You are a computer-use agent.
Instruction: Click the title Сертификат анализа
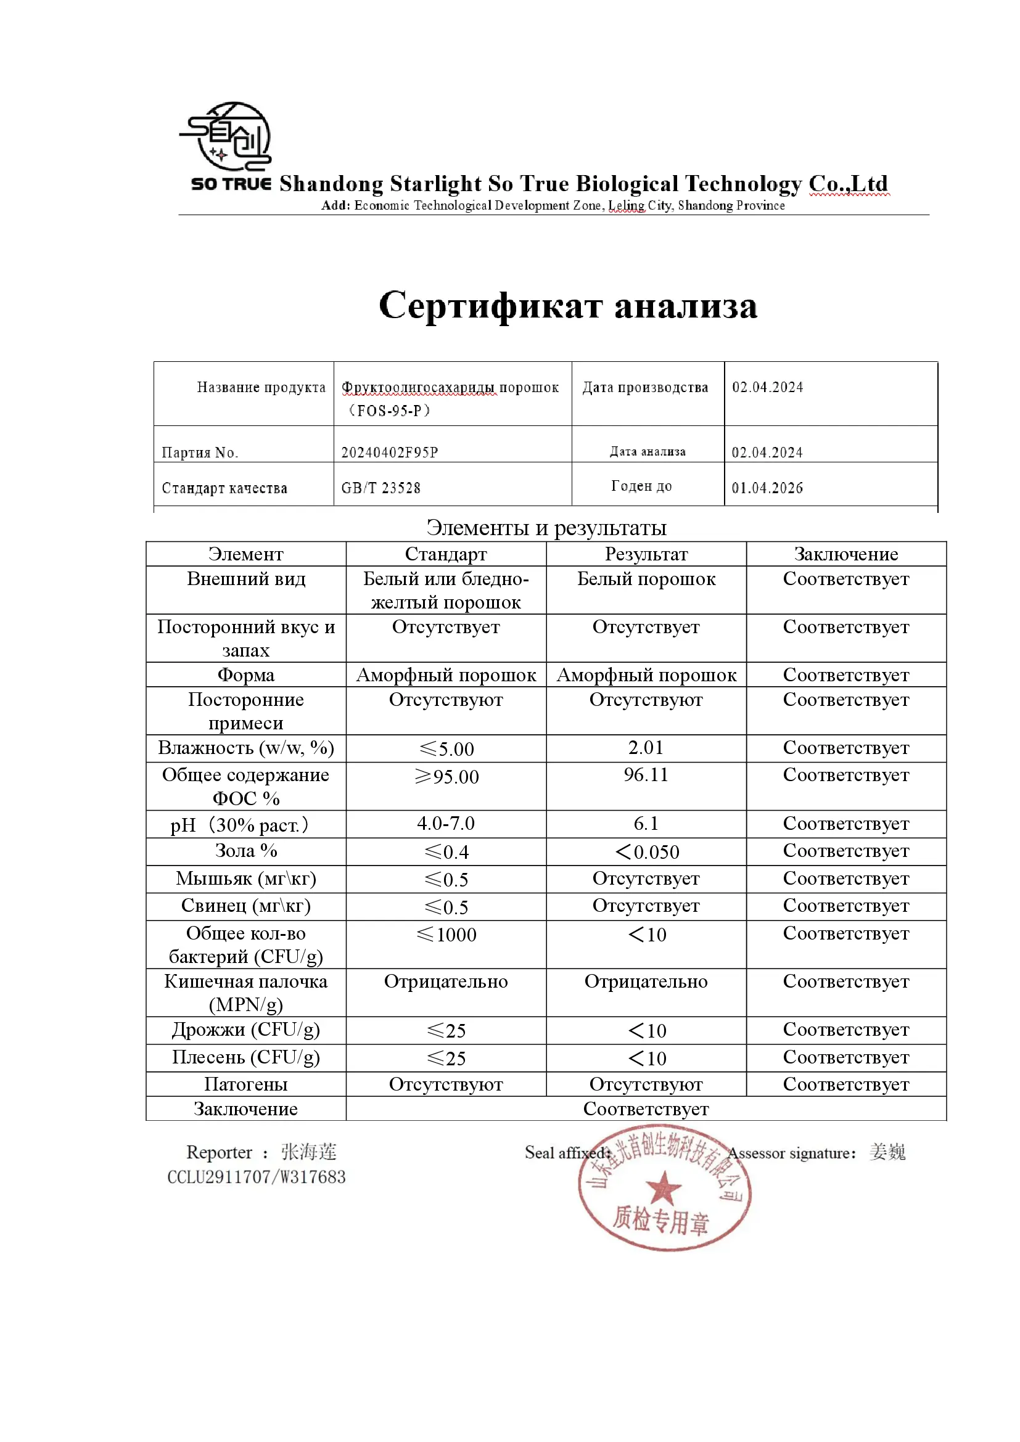[x=568, y=306]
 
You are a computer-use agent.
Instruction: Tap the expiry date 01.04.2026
[x=767, y=488]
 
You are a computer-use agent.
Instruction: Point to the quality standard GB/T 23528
[x=380, y=488]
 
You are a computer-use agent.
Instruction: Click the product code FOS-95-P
[x=389, y=411]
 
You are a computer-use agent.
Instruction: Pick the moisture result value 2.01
[x=646, y=747]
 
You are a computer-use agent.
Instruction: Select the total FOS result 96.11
[x=646, y=775]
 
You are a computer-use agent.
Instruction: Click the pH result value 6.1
[x=646, y=824]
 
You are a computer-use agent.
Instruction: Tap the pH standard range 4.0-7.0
[x=445, y=824]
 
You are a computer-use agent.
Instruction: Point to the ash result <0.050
[x=647, y=851]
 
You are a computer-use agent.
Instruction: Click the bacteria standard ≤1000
[x=446, y=935]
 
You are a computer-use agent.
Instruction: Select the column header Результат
[x=646, y=554]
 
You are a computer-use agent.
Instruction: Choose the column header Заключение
[x=845, y=554]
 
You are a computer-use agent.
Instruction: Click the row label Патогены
[x=245, y=1084]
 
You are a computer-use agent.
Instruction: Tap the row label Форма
[x=245, y=675]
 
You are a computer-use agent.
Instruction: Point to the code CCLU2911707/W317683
[x=257, y=1177]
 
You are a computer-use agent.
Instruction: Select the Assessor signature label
[x=791, y=1153]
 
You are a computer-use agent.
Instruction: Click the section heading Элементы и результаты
[x=546, y=528]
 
